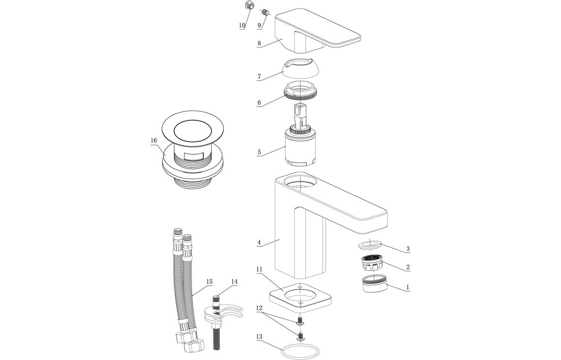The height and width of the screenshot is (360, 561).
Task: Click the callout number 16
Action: (153, 141)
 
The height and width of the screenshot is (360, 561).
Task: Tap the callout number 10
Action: (242, 26)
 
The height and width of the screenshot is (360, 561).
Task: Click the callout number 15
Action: (209, 281)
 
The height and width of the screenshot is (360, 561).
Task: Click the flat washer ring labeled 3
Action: (372, 244)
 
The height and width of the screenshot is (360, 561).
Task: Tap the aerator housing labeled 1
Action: (374, 284)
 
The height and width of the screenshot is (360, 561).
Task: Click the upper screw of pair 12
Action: (300, 320)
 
